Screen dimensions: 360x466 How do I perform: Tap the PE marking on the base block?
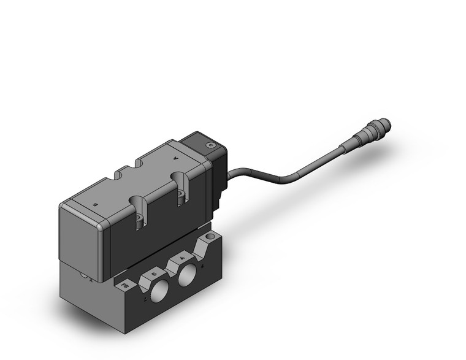tap(126, 286)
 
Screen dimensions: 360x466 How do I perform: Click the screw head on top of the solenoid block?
tap(212, 145)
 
